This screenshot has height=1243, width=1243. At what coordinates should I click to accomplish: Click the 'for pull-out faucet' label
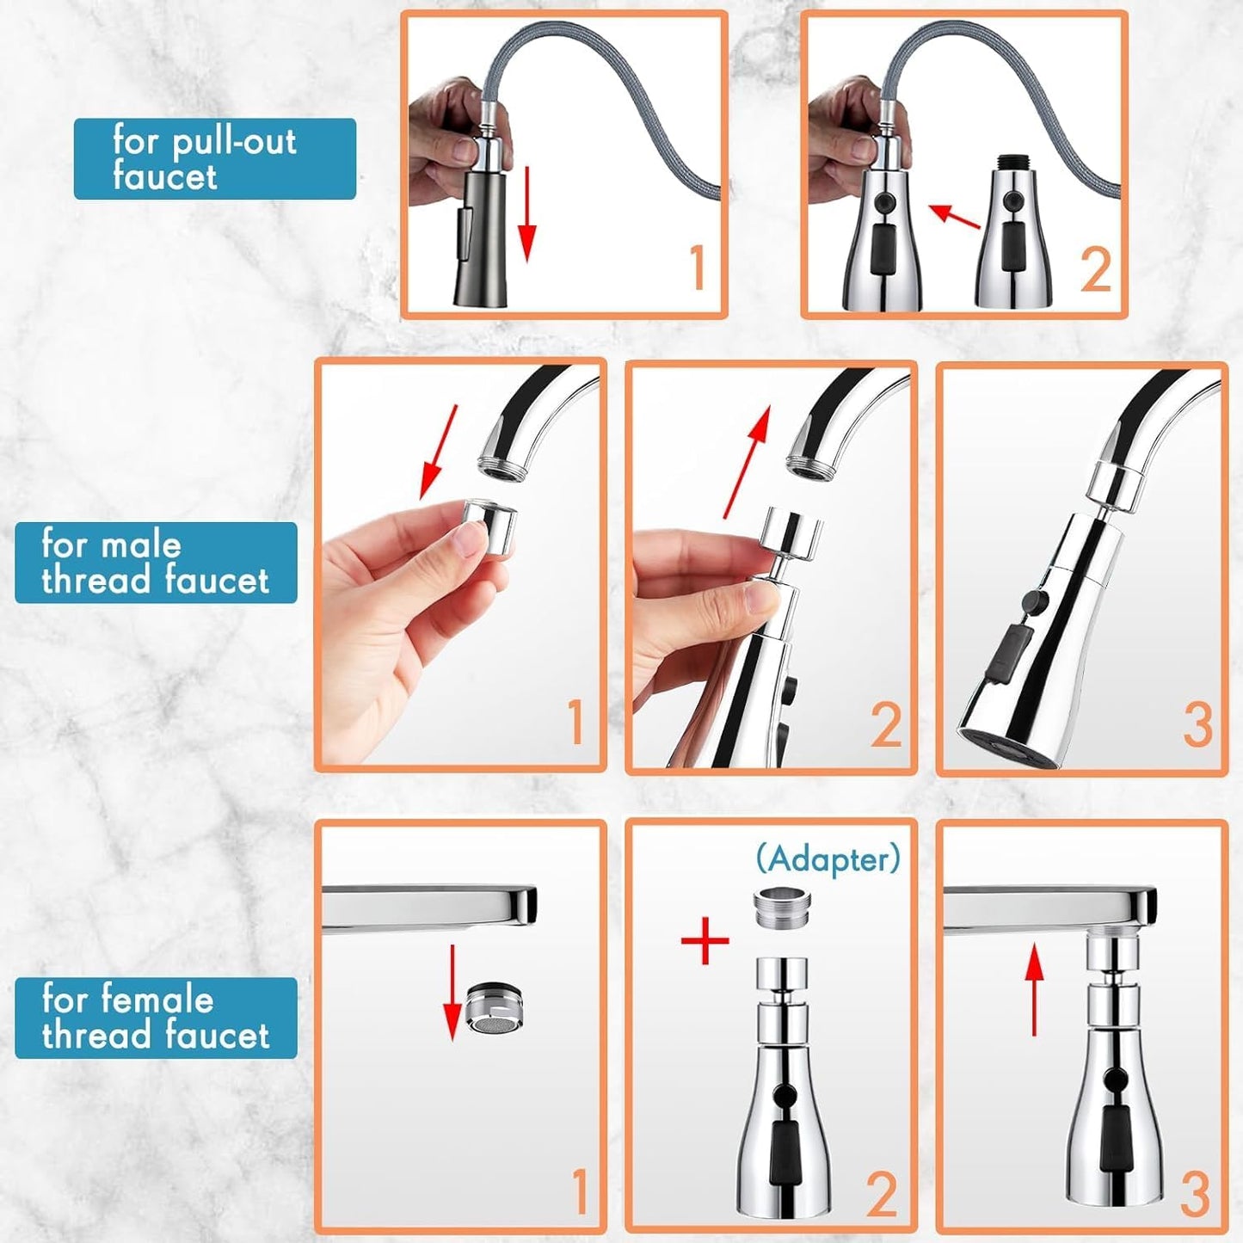pyautogui.click(x=214, y=159)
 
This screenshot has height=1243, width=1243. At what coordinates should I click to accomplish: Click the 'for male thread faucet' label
pyautogui.click(x=156, y=563)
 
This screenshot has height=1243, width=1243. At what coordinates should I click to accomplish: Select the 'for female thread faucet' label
pyautogui.click(x=156, y=1018)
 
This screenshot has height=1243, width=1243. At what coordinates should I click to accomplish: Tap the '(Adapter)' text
pyautogui.click(x=828, y=858)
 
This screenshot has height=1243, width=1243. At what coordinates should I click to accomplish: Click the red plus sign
pyautogui.click(x=705, y=940)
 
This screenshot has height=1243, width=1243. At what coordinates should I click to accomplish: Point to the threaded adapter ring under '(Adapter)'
pyautogui.click(x=781, y=908)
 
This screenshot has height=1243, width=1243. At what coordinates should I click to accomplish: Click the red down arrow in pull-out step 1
pyautogui.click(x=527, y=214)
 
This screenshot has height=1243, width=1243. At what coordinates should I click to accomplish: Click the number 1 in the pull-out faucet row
pyautogui.click(x=698, y=268)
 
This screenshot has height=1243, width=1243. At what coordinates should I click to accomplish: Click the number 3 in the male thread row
pyautogui.click(x=1197, y=724)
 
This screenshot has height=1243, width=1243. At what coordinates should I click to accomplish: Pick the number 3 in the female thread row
pyautogui.click(x=1196, y=1193)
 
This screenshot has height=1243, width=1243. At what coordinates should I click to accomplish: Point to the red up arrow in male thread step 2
pyautogui.click(x=744, y=463)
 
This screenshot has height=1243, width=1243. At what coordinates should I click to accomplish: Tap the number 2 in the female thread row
pyautogui.click(x=883, y=1193)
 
